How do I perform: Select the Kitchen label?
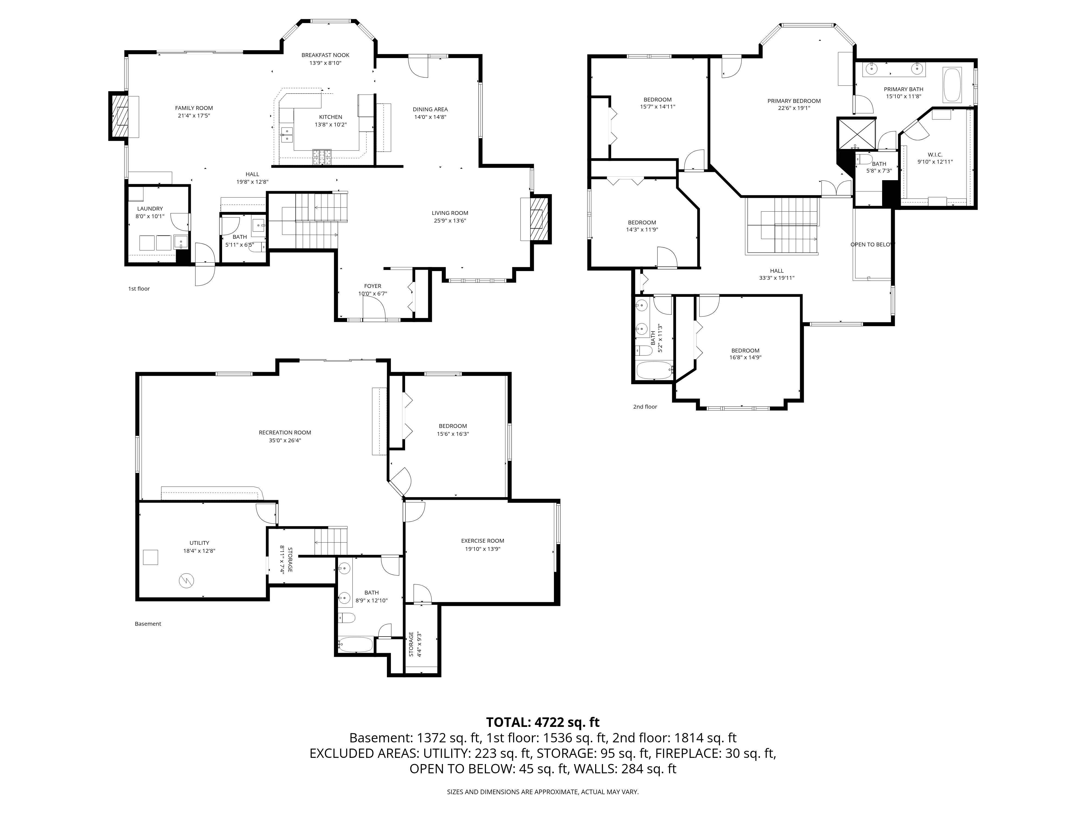point(330,117)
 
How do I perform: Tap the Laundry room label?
point(150,209)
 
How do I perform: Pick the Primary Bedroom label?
point(794,101)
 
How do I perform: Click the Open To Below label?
point(872,244)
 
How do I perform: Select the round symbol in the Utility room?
point(187,581)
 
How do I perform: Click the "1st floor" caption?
point(139,288)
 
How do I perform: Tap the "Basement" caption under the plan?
point(148,624)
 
